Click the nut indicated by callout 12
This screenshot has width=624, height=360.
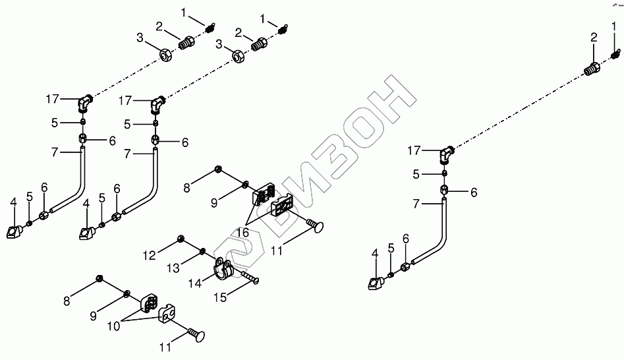coord(180,238)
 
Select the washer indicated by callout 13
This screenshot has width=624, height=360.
coord(203,251)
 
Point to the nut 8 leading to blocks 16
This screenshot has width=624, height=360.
coord(217,170)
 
